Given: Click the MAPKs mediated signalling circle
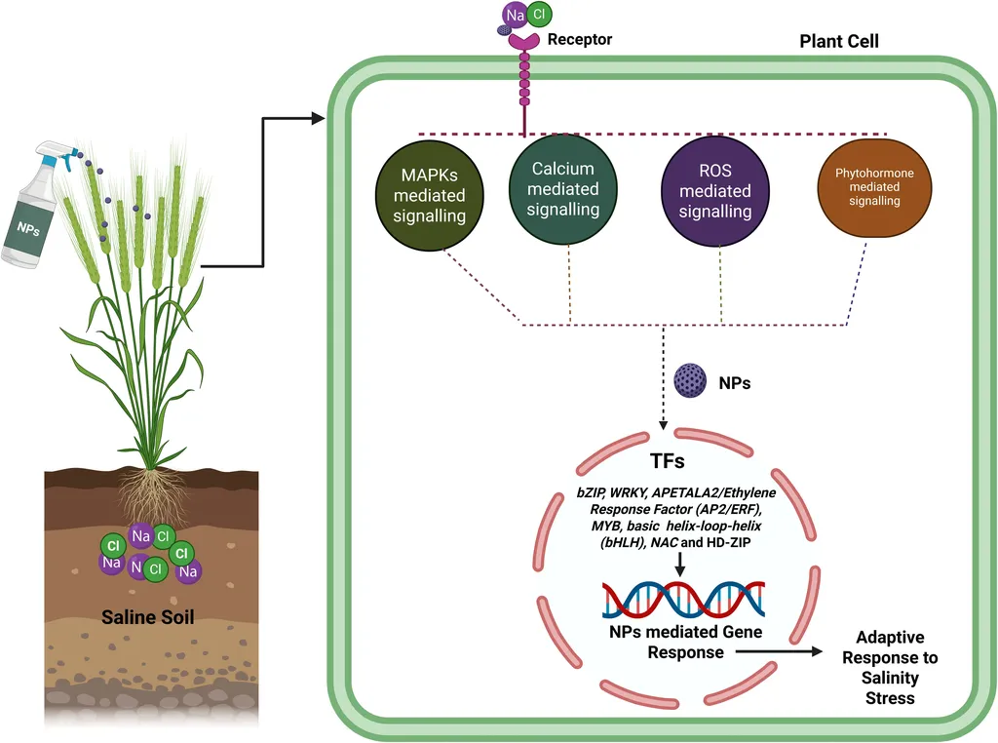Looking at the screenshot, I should click(x=422, y=194).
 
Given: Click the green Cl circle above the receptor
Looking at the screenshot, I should click(x=539, y=15).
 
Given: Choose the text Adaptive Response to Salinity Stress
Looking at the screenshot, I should click(x=891, y=667).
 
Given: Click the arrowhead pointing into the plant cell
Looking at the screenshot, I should click(x=316, y=119).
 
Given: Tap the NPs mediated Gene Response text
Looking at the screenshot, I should click(x=685, y=641).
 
